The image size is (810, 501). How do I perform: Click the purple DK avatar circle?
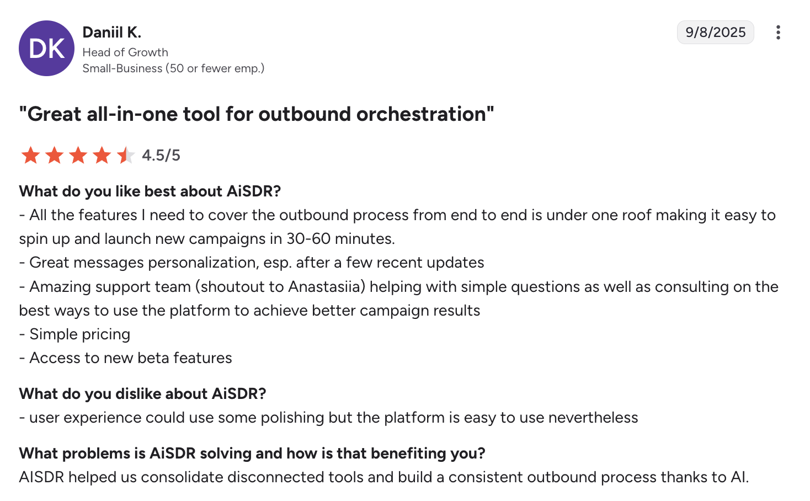click(47, 48)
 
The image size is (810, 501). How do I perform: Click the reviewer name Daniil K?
click(112, 32)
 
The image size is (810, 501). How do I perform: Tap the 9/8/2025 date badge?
click(715, 32)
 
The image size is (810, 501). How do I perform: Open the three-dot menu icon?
click(778, 32)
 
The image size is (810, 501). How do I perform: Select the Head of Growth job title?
click(125, 52)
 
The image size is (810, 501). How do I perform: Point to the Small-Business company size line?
click(173, 68)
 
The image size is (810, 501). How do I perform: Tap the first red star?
click(31, 155)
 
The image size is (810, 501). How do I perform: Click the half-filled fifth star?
click(126, 155)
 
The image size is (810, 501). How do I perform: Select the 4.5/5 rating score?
click(161, 155)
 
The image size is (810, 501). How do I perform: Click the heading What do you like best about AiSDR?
click(150, 191)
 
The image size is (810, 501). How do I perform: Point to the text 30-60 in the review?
click(308, 238)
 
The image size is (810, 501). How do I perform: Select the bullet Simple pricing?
click(74, 334)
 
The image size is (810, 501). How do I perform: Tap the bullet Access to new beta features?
click(125, 358)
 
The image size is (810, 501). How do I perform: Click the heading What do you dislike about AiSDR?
click(142, 393)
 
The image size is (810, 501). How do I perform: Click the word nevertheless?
click(593, 418)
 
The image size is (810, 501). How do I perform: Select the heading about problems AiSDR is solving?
click(252, 454)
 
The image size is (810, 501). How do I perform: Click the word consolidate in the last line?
click(182, 477)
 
